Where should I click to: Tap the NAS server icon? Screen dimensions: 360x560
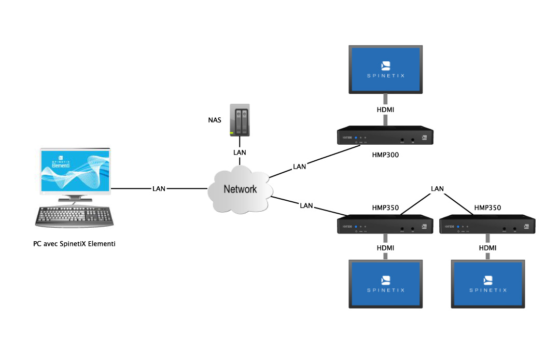240,122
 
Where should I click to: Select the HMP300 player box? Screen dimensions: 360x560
385,136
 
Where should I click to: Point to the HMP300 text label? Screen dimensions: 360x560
385,155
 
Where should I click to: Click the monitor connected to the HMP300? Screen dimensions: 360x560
385,70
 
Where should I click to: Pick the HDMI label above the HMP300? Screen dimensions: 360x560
385,110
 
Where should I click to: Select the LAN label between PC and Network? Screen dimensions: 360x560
159,188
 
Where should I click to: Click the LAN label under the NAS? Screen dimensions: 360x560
240,153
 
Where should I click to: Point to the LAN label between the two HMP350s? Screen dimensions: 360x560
437,188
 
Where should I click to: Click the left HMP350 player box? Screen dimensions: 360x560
385,226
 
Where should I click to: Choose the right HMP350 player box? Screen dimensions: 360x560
487,226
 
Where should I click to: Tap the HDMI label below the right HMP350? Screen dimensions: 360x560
487,248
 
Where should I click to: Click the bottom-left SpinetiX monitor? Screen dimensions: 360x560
385,284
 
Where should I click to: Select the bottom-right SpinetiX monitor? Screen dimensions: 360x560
487,284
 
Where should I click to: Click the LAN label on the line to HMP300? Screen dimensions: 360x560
299,167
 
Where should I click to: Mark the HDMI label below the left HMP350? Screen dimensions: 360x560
385,248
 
